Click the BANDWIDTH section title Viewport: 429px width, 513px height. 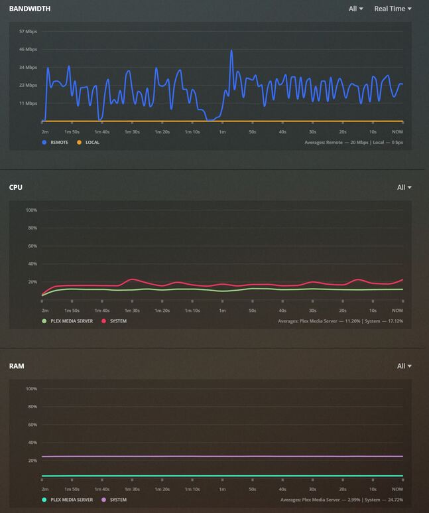[29, 9]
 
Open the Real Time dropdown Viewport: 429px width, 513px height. [393, 9]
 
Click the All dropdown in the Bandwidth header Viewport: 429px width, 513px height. [355, 9]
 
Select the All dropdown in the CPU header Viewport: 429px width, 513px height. [404, 187]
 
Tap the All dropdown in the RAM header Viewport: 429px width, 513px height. [404, 366]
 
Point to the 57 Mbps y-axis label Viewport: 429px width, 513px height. [28, 31]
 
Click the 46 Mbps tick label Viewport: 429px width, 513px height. [28, 49]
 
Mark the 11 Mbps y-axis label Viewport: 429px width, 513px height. [28, 103]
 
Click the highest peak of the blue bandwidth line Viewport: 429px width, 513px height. [231, 50]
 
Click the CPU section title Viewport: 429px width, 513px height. [15, 187]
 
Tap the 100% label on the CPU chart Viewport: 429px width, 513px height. [31, 210]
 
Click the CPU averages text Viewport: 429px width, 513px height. [340, 321]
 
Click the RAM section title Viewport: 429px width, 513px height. [17, 366]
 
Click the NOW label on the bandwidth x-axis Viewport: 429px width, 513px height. [397, 131]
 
